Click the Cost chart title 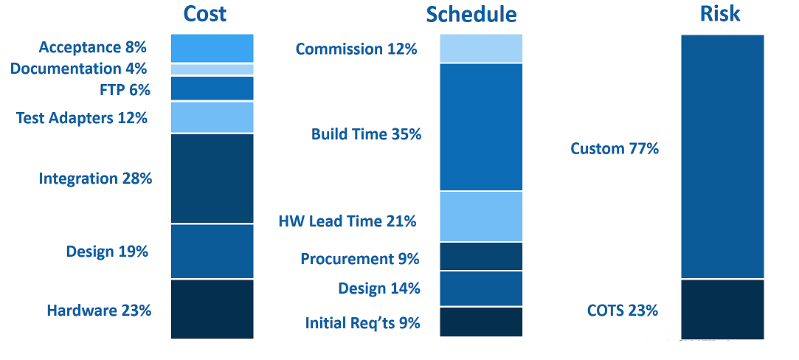coord(205,14)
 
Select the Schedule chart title coord(471,15)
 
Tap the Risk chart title coord(721,14)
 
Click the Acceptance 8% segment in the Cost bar coord(212,49)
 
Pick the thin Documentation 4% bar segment coord(212,69)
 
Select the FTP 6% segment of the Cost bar coord(212,88)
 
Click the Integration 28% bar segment coord(212,179)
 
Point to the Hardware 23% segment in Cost coord(212,309)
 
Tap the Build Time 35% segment coord(481,127)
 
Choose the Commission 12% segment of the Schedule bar coord(481,49)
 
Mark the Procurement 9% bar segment coord(481,256)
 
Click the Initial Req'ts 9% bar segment coord(481,322)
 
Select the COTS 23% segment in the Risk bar coord(722,309)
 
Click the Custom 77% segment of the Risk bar coord(722,156)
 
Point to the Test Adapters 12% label coord(82,118)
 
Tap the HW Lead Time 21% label coord(347,221)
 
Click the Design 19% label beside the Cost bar coord(107,251)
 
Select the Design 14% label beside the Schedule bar coord(379,288)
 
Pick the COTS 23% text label coord(623,310)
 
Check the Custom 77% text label coord(615,148)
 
